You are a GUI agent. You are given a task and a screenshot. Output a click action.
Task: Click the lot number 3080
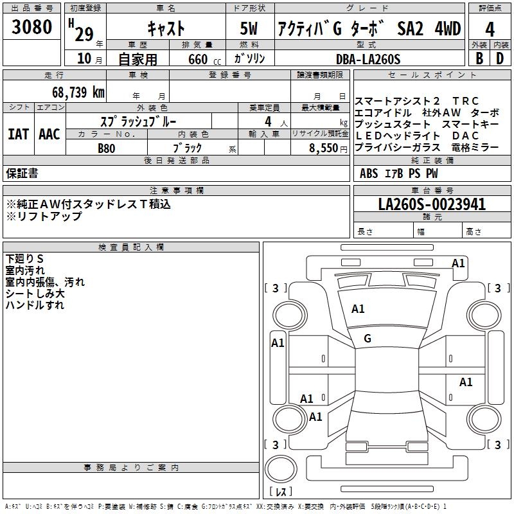pos(31,28)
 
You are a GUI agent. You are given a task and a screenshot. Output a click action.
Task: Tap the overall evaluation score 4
pos(490,30)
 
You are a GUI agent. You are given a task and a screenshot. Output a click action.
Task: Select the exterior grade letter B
pos(479,58)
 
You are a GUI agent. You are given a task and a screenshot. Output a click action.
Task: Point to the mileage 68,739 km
pos(78,92)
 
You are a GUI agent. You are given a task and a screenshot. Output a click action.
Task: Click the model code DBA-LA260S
pos(368,59)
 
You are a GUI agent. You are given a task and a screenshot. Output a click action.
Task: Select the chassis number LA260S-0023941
pos(432,205)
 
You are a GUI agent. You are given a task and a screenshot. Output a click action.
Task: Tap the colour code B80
pos(107,148)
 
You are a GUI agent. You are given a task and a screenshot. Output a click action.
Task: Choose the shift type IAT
pos(18,134)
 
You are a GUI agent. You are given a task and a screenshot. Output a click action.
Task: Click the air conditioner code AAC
pos(49,134)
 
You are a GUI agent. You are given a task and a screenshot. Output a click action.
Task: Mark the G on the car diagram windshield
pos(368,339)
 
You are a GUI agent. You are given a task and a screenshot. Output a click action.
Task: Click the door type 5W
pos(251,29)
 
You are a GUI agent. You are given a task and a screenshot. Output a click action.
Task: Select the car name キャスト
pos(166,29)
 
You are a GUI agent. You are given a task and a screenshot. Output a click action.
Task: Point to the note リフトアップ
pos(44,217)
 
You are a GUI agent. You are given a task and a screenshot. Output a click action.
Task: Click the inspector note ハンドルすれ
pos(35,305)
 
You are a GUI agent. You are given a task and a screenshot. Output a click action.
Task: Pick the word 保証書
pos(22,173)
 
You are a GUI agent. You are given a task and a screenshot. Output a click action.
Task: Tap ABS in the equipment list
pos(369,173)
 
